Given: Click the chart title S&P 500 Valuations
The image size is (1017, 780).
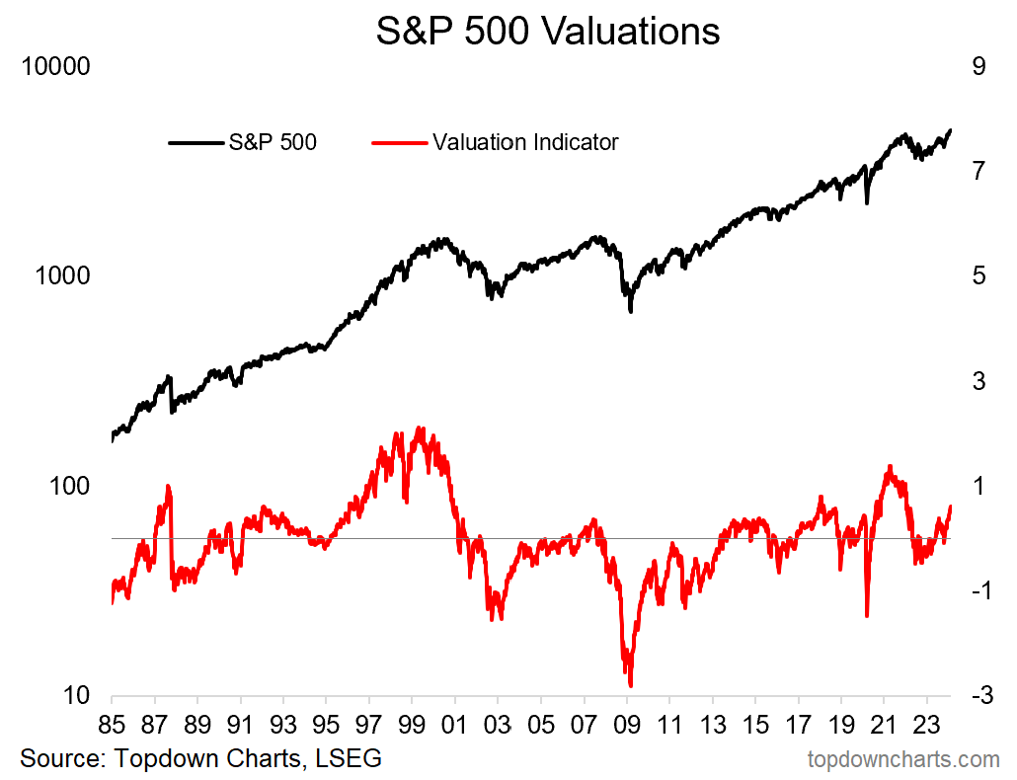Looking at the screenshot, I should pos(548,32).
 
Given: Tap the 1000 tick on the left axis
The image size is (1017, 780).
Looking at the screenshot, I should pos(63,276).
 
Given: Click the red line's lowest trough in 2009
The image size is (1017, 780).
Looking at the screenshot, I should pos(630,684).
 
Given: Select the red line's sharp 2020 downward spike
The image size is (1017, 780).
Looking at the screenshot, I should pos(867,616).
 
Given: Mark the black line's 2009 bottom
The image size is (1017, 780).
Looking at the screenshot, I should pos(630,311).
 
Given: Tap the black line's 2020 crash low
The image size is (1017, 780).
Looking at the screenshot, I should pos(867,202).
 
